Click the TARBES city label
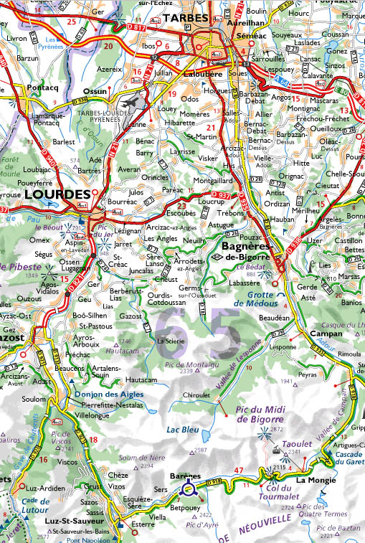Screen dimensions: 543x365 point(185,17)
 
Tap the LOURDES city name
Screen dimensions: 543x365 point(56,194)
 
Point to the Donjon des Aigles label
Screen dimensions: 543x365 point(108,394)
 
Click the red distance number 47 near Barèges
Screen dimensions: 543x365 point(240,471)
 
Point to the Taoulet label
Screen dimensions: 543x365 point(298,444)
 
